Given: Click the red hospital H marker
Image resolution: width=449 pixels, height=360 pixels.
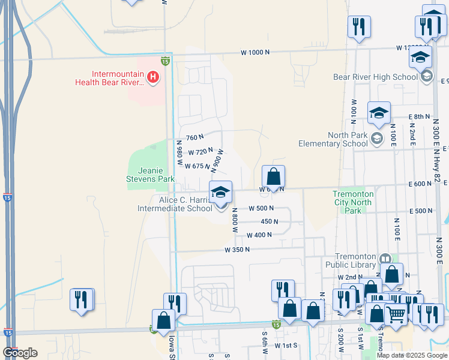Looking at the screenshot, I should (x=153, y=77).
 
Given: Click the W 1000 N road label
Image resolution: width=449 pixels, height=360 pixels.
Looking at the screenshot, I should (x=256, y=53).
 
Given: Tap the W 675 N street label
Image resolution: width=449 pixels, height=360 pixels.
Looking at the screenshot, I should (x=197, y=166).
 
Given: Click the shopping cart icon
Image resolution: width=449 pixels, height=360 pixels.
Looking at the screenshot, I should (x=396, y=313).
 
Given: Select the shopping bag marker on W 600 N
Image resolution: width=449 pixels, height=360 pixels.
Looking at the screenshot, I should (x=273, y=177).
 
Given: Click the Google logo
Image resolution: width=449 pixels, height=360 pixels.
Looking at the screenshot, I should (x=20, y=353).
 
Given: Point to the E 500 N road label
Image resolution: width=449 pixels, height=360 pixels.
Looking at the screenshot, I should (x=421, y=211).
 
